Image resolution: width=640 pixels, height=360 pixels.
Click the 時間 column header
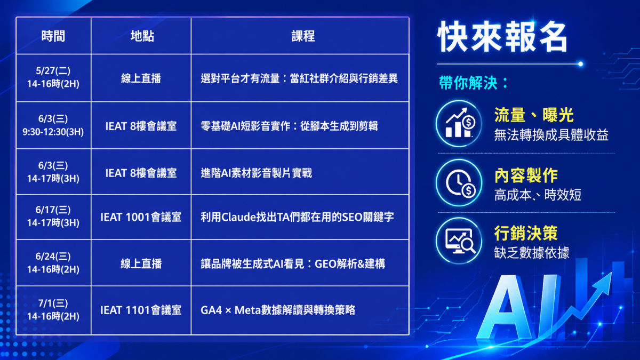tap(53, 36)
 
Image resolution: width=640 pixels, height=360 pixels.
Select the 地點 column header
tap(142, 36)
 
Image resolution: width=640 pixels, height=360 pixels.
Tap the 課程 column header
tap(303, 36)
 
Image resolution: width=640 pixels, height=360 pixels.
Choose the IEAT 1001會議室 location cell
tap(141, 217)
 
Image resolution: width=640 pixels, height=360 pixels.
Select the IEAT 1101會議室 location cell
tap(141, 310)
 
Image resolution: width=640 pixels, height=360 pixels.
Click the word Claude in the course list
tap(238, 217)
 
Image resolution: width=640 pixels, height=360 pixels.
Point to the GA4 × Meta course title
tap(278, 310)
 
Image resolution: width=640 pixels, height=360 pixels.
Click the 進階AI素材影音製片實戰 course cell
tap(257, 173)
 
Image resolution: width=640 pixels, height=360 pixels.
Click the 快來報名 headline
tap(502, 37)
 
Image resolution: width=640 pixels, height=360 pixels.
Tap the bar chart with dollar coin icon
tap(459, 123)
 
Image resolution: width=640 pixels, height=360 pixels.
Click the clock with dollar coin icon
tap(459, 183)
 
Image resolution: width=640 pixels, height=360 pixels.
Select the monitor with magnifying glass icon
tap(459, 241)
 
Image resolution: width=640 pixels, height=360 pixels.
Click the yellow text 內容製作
tap(526, 175)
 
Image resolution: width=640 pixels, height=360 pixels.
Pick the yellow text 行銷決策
tap(526, 234)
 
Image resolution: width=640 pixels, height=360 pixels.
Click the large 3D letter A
tap(505, 307)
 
